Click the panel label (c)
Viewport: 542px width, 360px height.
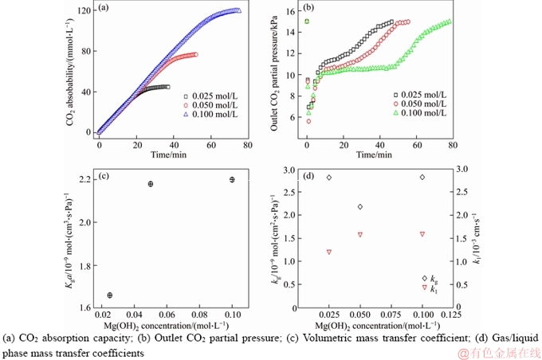[x=104, y=177]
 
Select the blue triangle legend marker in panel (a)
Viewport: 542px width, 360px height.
[x=185, y=115]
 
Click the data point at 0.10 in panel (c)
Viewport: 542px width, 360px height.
[x=232, y=179]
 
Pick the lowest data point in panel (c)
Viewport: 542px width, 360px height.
[x=110, y=295]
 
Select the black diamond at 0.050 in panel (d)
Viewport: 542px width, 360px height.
[x=360, y=207]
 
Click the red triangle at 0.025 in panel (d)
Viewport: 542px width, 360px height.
[x=329, y=252]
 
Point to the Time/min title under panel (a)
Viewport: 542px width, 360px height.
[x=170, y=155]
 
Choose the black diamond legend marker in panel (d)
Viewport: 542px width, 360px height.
[x=424, y=278]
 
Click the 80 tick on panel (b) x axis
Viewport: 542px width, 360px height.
[x=452, y=146]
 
